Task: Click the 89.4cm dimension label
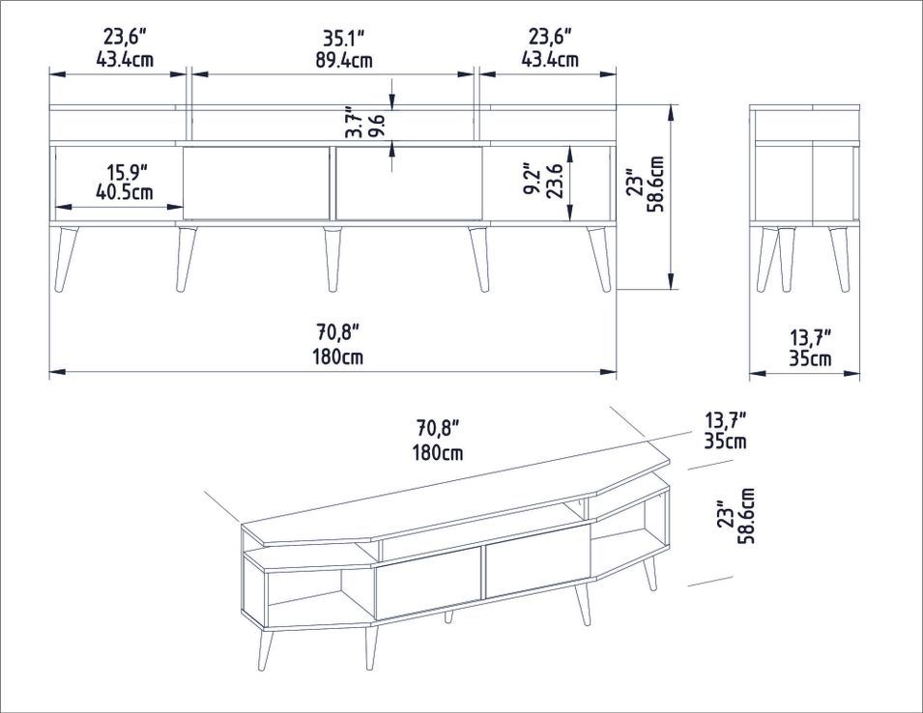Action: (x=344, y=61)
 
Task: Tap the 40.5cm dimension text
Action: (x=125, y=192)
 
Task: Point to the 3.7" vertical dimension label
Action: (x=352, y=123)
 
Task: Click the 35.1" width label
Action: (x=344, y=39)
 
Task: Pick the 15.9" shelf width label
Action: (x=127, y=172)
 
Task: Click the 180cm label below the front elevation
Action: (x=337, y=357)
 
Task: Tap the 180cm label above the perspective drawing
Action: (x=438, y=452)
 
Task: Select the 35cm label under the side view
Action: (x=811, y=358)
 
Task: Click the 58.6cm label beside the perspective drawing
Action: (x=748, y=516)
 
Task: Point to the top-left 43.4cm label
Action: (x=125, y=60)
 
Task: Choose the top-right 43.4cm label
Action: (x=550, y=60)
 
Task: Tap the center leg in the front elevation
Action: (x=332, y=259)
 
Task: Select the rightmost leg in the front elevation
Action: (x=599, y=260)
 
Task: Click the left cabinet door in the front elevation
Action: (x=256, y=184)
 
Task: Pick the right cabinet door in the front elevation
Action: (x=409, y=184)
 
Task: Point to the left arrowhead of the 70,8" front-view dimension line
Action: (x=56, y=372)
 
